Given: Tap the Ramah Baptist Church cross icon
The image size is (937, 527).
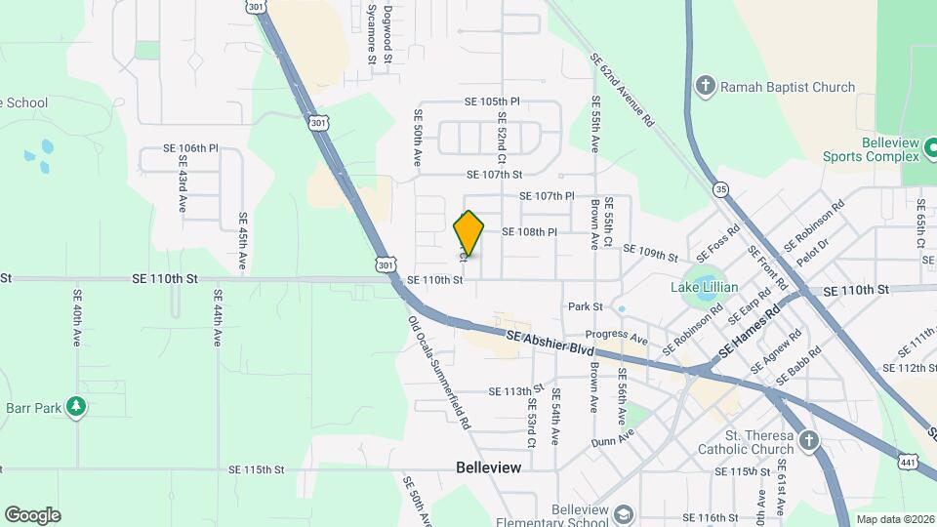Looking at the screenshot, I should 705,87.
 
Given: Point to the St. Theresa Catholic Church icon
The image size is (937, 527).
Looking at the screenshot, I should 807,441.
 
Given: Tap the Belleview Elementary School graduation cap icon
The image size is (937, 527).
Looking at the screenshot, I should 622,513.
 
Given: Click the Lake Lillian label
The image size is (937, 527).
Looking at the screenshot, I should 705,288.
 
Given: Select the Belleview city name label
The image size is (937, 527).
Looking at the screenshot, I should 489,467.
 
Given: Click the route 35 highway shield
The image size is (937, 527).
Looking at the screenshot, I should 720,188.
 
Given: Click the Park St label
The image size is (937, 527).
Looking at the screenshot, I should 585,306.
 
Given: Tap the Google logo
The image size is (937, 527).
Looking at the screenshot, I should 32,514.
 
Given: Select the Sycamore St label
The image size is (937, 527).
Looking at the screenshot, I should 372,33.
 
